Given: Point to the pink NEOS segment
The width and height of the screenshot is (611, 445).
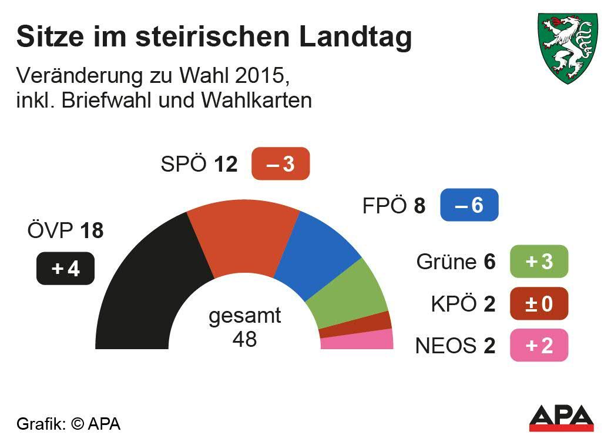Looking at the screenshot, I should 357,340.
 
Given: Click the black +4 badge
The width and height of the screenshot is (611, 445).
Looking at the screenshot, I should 65,269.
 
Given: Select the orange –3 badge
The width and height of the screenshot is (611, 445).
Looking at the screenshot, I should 280,164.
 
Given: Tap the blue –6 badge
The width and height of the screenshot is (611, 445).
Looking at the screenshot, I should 469,205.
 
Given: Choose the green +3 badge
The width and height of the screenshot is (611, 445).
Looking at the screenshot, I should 539,261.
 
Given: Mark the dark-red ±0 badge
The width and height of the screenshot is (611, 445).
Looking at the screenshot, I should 539,303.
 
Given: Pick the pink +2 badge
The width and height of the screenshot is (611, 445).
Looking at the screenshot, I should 539,345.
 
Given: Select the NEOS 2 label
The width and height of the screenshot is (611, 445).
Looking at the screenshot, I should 455,346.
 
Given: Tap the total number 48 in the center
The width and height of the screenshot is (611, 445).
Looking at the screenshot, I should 244,339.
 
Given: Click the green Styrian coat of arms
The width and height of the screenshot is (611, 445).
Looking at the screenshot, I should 568,47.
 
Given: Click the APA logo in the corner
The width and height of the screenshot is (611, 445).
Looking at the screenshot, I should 561,418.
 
